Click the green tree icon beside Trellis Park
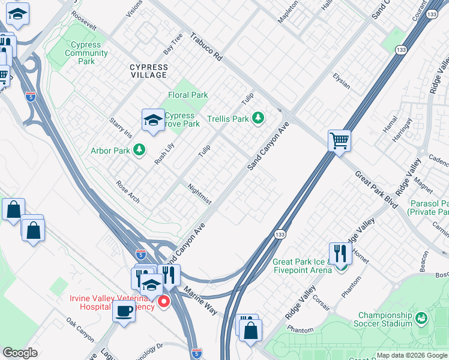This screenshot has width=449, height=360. coord(258,118)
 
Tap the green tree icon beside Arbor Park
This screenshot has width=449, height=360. coord(139,149)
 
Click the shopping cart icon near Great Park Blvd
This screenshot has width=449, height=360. coord(339,141)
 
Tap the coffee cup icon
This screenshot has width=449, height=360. coord(124,311)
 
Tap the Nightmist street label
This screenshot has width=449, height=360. coord(199,194)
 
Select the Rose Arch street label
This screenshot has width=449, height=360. coord(128,192)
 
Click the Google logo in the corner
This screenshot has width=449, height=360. coord(20,353)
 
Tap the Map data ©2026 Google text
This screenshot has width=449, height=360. coord(411,355)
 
